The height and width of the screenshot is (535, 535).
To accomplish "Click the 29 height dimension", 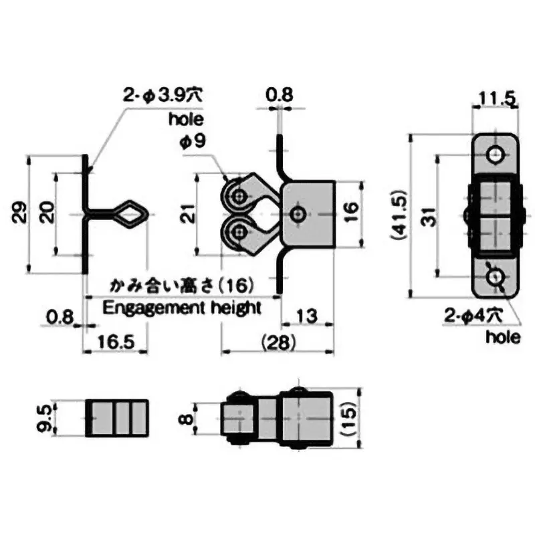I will [x=21, y=213].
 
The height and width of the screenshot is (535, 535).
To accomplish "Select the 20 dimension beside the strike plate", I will [x=46, y=213].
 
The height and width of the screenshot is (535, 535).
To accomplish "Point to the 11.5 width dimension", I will [x=496, y=100].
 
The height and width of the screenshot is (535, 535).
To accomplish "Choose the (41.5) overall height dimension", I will [x=399, y=217].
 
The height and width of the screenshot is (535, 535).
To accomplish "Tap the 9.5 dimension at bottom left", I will [x=45, y=418].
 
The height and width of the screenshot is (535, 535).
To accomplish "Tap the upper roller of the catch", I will [x=238, y=195].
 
